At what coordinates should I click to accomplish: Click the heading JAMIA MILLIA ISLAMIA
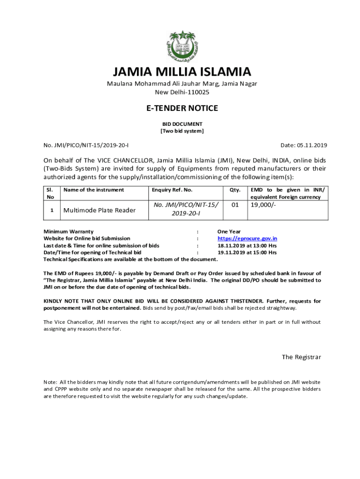pos(182,72)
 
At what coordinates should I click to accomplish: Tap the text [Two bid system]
pos(182,131)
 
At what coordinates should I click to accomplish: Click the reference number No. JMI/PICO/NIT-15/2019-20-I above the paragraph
pos(86,145)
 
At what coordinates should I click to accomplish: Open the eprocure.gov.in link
pos(247,239)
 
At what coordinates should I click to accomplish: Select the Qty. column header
pos(235,190)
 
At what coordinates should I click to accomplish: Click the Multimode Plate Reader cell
pos(99,210)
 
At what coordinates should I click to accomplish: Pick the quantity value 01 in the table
pos(235,205)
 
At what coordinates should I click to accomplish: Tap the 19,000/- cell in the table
pos(263,205)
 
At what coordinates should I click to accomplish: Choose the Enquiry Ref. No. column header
pos(172,190)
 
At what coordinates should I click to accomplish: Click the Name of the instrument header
pos(94,190)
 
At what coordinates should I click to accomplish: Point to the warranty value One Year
pos(229,232)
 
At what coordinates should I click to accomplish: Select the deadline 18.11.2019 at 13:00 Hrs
pos(247,246)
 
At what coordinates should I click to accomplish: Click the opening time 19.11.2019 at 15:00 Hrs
pos(247,253)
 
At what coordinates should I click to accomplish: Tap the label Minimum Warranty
pos(68,232)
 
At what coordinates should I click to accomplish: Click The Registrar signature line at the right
pos(301,357)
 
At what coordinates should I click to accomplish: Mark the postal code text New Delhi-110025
pos(182,92)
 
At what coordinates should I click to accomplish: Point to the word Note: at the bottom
pos(50,382)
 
